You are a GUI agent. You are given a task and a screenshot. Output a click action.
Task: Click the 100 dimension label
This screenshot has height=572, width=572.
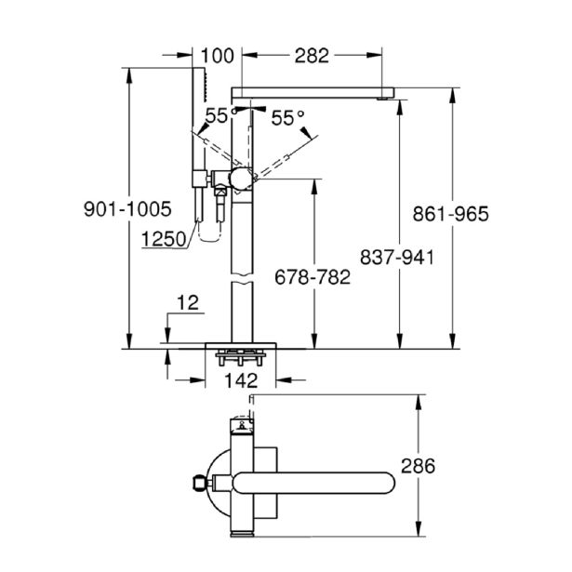(x=217, y=56)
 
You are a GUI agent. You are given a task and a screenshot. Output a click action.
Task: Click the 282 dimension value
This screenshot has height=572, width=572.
(x=312, y=56)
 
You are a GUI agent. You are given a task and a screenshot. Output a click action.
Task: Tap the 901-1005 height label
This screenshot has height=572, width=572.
(x=127, y=209)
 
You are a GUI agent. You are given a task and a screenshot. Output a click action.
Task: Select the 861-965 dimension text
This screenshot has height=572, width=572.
(x=450, y=214)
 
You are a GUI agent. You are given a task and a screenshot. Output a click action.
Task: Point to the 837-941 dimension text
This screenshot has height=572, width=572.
(x=397, y=258)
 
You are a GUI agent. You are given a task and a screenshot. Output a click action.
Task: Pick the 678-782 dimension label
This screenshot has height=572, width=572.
(x=313, y=277)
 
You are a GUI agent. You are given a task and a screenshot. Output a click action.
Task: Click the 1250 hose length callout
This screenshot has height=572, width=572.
(x=164, y=239)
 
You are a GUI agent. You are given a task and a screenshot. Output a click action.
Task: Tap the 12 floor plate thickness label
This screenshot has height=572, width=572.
(x=188, y=303)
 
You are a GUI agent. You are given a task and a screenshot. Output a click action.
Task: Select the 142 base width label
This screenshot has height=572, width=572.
(x=241, y=380)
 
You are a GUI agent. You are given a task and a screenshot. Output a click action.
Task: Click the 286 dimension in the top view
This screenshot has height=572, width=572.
(x=418, y=466)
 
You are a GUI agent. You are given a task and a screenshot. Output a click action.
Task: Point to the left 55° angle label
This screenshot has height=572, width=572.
(x=221, y=116)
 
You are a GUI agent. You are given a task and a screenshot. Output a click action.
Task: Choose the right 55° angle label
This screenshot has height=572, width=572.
(x=287, y=117)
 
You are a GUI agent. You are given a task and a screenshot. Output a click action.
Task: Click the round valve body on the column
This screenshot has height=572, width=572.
(x=241, y=180)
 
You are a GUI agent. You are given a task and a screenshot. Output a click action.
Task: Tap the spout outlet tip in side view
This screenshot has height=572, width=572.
(x=382, y=99)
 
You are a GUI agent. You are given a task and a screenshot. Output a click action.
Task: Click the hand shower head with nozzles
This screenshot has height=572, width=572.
(x=199, y=85)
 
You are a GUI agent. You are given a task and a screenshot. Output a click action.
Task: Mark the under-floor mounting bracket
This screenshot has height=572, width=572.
(x=241, y=357)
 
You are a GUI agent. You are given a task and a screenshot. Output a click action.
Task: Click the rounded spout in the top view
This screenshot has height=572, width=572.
(x=313, y=483)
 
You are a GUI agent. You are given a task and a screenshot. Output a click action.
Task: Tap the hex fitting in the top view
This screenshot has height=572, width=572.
(x=199, y=484)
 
